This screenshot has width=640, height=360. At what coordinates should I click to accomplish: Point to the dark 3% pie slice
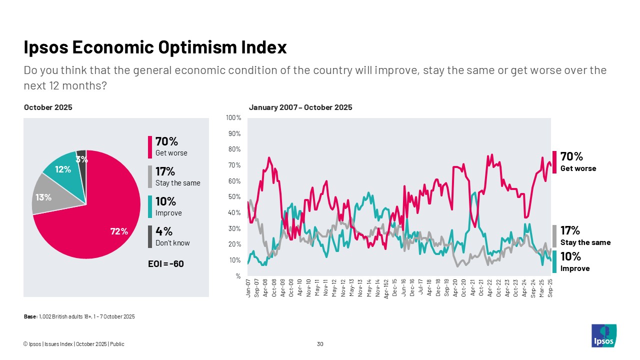click(81, 157)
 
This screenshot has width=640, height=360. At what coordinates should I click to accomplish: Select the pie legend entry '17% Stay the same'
click(177, 176)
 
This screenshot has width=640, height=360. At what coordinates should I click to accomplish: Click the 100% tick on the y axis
click(233, 118)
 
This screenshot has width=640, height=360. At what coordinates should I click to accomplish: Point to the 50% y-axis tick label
click(234, 197)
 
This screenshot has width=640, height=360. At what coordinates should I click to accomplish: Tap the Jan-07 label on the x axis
click(248, 288)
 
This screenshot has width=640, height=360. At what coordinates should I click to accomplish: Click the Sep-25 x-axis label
click(550, 288)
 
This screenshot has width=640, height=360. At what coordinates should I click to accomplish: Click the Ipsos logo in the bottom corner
click(603, 335)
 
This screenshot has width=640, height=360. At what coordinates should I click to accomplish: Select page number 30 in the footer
click(320, 344)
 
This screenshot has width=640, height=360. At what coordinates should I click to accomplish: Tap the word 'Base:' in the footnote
click(30, 316)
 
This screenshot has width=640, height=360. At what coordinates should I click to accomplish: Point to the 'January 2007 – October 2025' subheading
click(300, 107)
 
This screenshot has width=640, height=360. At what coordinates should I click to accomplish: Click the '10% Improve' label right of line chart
click(574, 262)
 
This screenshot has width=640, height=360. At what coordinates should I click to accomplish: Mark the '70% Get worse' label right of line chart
click(577, 162)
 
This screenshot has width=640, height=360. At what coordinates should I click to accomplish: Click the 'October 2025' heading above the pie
click(48, 107)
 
